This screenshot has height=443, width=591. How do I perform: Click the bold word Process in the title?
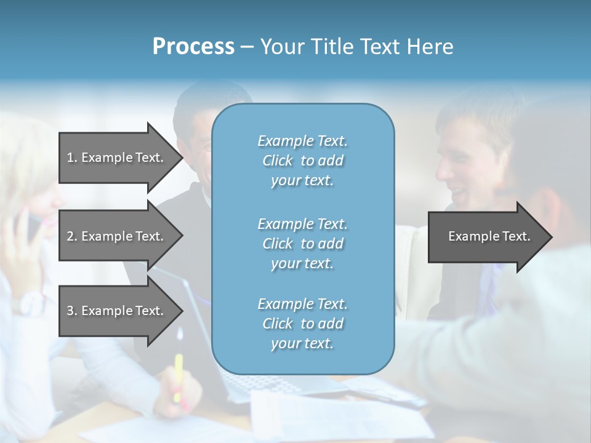pyautogui.click(x=193, y=47)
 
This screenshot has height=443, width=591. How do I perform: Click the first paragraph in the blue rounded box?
pyautogui.click(x=302, y=161)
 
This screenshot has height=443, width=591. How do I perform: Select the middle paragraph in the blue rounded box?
pyautogui.click(x=302, y=243)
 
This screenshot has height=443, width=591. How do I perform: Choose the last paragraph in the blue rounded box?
pyautogui.click(x=302, y=324)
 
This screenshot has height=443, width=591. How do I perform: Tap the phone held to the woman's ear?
pyautogui.click(x=31, y=225)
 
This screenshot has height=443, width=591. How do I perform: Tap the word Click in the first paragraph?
pyautogui.click(x=277, y=161)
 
